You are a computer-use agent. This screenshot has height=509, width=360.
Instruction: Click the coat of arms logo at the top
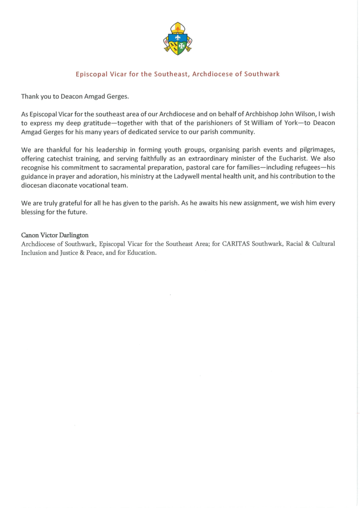(x=178, y=38)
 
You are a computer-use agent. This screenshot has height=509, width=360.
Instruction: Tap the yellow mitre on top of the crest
(x=178, y=28)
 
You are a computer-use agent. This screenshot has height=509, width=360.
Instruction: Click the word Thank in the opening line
(x=31, y=96)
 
